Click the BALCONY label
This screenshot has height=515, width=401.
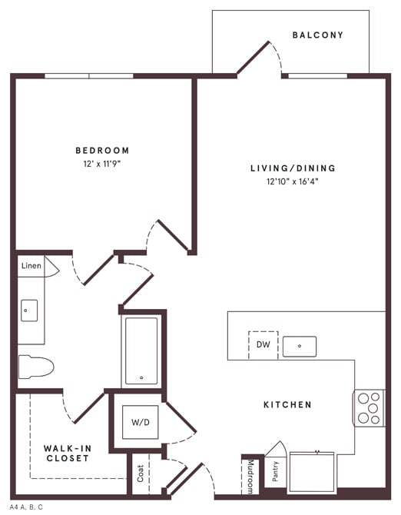317,35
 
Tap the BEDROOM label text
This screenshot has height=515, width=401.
102,151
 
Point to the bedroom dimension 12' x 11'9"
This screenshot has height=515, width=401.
102,164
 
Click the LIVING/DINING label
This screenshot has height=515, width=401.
293,168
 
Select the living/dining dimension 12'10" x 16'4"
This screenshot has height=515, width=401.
293,182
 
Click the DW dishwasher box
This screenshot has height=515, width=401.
262,345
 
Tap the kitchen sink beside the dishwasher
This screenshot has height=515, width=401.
299,347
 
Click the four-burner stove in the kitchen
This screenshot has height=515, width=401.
369,408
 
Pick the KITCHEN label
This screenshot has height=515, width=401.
287,404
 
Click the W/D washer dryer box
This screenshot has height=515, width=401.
140,422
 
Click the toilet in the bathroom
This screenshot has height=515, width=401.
35,367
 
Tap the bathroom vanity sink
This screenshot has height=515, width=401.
29,311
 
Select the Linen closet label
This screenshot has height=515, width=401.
31,266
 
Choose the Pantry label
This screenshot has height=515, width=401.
275,470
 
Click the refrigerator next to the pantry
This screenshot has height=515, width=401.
311,471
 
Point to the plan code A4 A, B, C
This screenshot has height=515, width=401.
27,507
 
